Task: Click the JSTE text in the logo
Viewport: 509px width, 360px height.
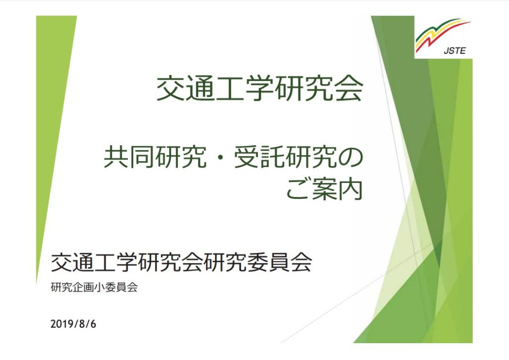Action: [x=454, y=51]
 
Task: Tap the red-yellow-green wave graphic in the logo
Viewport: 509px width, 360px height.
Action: [x=443, y=34]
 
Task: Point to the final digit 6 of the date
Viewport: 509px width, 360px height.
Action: [x=93, y=324]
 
